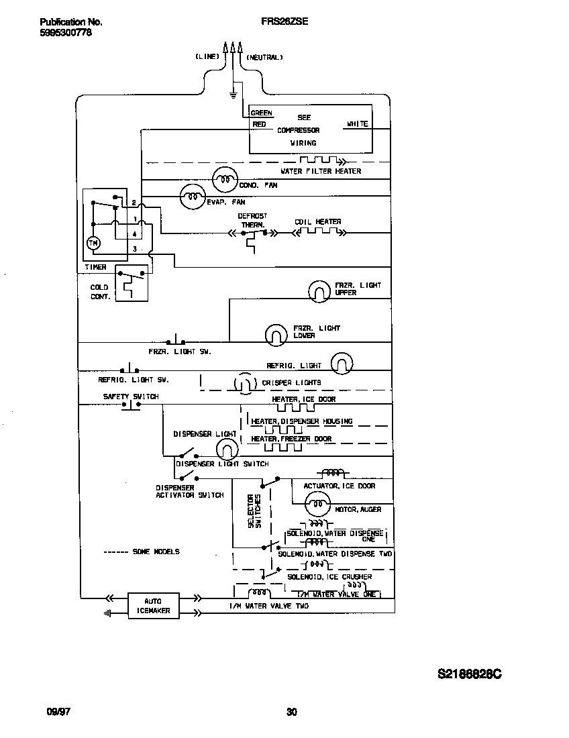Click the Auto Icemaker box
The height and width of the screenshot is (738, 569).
point(154,606)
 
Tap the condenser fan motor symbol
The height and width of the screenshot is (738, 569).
point(225,179)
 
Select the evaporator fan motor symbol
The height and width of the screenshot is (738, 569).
point(193,195)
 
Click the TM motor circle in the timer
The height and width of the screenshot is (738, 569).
point(94,243)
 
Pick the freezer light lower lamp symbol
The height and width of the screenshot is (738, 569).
point(275,333)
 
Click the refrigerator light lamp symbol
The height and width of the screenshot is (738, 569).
point(342,363)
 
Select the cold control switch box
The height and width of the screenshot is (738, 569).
point(132,282)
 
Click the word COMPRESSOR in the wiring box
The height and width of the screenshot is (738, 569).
point(298,130)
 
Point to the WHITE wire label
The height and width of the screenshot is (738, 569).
point(357,124)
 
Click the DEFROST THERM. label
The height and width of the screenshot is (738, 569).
point(252,221)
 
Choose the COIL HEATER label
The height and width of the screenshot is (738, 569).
point(317,221)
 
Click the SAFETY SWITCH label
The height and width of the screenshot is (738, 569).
point(130,397)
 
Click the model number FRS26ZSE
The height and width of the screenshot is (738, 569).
point(284,21)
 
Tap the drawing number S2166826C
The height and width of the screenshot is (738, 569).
point(469,674)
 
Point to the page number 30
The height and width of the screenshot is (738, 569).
point(291,712)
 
